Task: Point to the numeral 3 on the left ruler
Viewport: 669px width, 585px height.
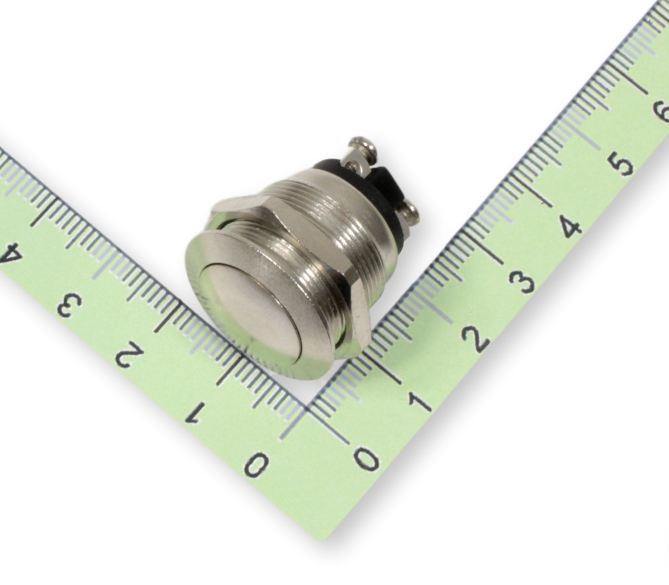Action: coord(69,304)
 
